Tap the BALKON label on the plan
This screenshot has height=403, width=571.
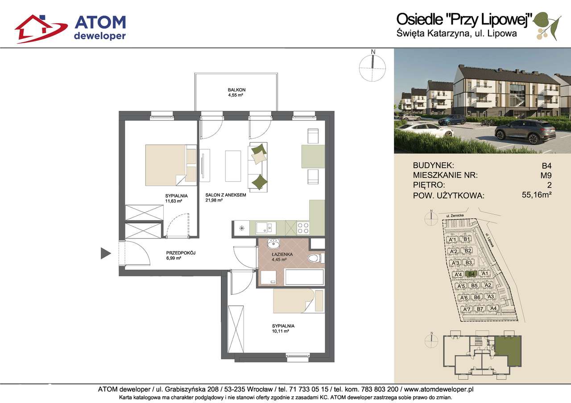pyautogui.click(x=236, y=90)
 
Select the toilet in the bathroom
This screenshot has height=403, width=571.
pyautogui.click(x=316, y=258)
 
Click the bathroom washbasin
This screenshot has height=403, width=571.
pyautogui.click(x=273, y=244)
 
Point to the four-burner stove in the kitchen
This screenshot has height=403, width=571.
pyautogui.click(x=303, y=228)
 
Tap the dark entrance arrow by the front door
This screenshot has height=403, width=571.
pyautogui.click(x=106, y=253)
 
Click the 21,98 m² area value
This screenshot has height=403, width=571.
pyautogui.click(x=214, y=200)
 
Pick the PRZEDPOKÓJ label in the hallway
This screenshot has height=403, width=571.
pyautogui.click(x=181, y=253)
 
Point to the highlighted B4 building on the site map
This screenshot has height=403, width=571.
pyautogui.click(x=472, y=274)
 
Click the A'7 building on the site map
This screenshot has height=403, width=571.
pyautogui.click(x=467, y=309)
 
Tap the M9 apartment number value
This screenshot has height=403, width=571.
pyautogui.click(x=546, y=176)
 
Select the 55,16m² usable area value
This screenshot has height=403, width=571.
pyautogui.click(x=537, y=195)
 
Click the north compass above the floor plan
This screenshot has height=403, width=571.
pyautogui.click(x=372, y=67)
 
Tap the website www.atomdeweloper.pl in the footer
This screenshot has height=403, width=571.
pyautogui.click(x=439, y=390)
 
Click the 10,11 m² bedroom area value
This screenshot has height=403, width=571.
pyautogui.click(x=281, y=331)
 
